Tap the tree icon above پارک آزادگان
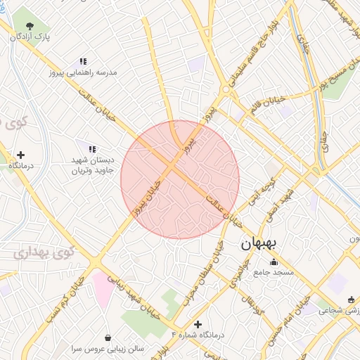pyautogui.click(x=30, y=27)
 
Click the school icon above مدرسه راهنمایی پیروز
pyautogui.click(x=84, y=62)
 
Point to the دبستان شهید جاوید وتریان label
pyautogui.click(x=92, y=165)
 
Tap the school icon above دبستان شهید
pyautogui.click(x=92, y=148)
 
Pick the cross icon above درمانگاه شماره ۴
pyautogui.click(x=198, y=325)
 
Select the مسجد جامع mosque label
pyautogui.click(x=274, y=271)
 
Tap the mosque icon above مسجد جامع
pyautogui.click(x=274, y=262)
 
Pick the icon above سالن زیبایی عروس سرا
pyautogui.click(x=108, y=337)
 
